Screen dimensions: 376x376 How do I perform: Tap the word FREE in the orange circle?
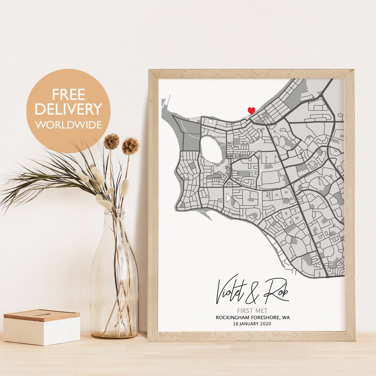(69, 95)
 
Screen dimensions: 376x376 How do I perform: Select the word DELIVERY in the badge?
(68, 109)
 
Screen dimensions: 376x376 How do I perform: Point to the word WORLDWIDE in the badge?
(68, 125)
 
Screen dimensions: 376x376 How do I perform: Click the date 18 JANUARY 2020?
(253, 324)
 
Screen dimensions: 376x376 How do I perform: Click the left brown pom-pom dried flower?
(111, 141)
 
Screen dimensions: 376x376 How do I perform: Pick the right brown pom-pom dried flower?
(131, 146)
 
